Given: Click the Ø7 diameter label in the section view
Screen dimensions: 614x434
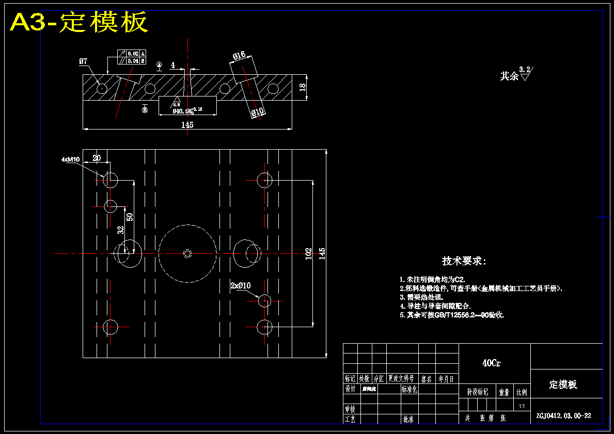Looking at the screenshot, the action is coord(83,61).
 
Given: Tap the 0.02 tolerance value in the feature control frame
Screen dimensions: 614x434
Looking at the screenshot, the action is coord(133,54).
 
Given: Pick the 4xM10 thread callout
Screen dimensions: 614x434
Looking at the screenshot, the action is coord(70,159).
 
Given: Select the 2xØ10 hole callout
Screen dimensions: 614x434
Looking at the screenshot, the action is coord(240,285).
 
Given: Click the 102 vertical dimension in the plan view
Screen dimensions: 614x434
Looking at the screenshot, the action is coord(309,253).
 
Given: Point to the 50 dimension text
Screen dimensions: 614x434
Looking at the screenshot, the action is coord(130,217).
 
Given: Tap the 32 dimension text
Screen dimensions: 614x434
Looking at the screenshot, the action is coord(120,230).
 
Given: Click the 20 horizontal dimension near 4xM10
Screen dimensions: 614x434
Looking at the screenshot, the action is coord(97,158).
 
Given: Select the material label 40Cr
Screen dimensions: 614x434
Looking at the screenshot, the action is coord(491,363).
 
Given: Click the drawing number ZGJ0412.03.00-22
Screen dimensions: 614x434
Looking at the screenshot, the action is coord(563,415).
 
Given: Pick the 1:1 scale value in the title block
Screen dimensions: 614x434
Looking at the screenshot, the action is coord(522,407).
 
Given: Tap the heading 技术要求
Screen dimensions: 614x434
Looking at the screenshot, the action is coord(464,261).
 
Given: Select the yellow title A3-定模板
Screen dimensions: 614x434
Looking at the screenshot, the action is coord(79,22).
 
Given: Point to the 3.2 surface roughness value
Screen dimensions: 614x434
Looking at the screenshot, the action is coord(525,69).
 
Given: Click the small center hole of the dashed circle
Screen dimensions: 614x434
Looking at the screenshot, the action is coord(187,253).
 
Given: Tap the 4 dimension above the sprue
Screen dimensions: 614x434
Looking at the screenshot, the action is coord(173,65).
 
